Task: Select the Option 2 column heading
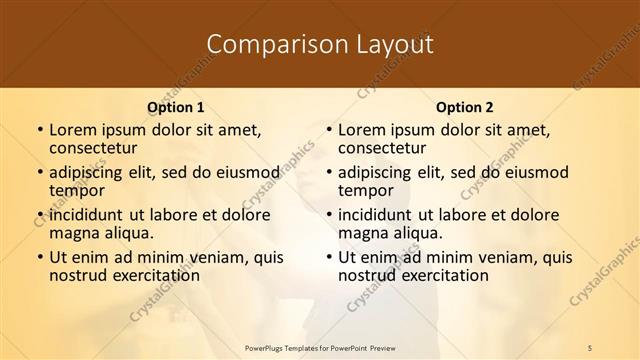[464, 107]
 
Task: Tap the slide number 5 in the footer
[589, 347]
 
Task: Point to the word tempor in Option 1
[75, 190]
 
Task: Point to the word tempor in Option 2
[364, 190]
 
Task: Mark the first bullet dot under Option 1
[39, 130]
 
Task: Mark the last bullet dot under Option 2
[328, 257]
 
